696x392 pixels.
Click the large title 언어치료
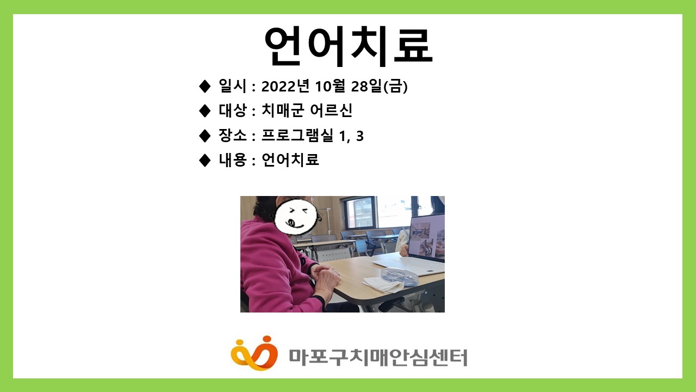pos(348,46)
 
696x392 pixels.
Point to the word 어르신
pos(331,111)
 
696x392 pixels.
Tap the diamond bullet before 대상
pos(204,111)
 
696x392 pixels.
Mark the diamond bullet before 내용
pos(204,160)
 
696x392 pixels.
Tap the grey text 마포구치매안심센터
pos(377,357)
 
